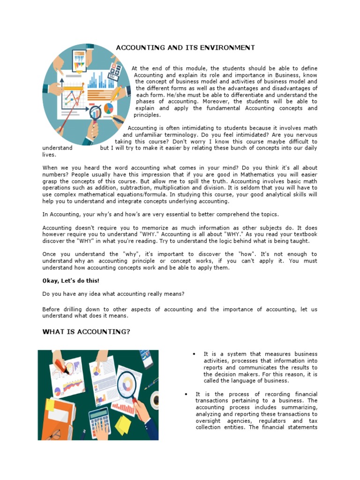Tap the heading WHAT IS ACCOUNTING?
[86, 332]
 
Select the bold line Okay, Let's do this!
[71, 281]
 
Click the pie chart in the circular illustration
[109, 108]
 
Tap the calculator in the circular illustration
[114, 71]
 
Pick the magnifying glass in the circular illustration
[95, 112]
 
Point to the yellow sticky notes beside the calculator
[123, 425]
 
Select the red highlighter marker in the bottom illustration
[61, 365]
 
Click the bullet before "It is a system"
[194, 354]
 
